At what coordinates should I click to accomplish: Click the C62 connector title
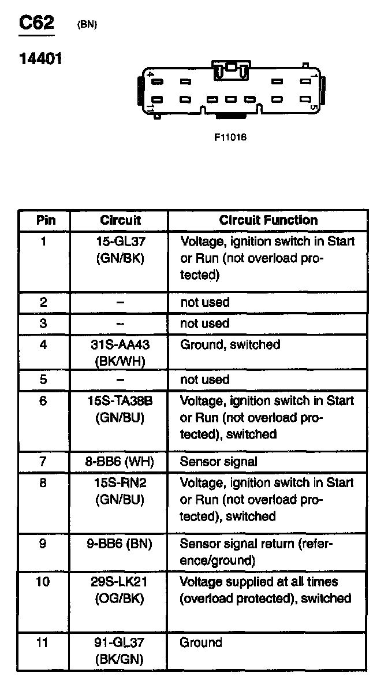[37, 23]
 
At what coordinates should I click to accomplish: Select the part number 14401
[41, 59]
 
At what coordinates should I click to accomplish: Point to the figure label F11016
[230, 138]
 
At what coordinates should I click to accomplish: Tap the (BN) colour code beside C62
[87, 25]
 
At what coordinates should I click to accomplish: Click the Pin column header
[46, 220]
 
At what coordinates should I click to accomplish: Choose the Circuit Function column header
[268, 220]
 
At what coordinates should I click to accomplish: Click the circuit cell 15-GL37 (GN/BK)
[120, 250]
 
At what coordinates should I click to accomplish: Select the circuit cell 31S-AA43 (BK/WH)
[120, 353]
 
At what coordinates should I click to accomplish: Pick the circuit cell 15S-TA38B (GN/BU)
[120, 409]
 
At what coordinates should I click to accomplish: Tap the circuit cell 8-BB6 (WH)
[120, 462]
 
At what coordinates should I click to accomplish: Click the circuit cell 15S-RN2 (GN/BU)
[120, 491]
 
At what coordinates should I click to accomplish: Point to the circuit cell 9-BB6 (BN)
[120, 544]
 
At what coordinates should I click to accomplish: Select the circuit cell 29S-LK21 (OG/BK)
[120, 590]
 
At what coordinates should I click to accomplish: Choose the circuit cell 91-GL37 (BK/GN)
[120, 651]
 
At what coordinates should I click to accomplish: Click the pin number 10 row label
[43, 582]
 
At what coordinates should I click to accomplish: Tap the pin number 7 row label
[43, 462]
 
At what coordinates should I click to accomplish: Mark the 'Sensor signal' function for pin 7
[219, 462]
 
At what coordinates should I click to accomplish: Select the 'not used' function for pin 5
[205, 380]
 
